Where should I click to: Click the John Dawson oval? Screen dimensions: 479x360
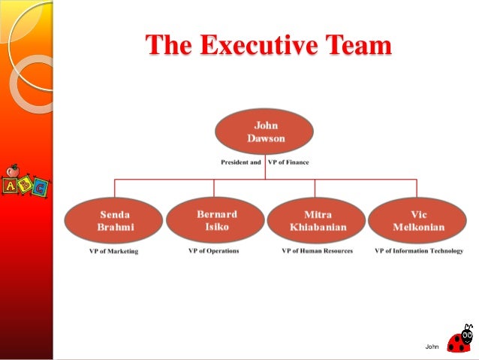(x=265, y=132)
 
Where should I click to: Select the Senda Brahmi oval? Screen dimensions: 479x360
(x=114, y=220)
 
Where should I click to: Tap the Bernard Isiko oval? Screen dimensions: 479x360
(x=215, y=220)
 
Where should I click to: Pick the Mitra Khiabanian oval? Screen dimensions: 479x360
(x=316, y=220)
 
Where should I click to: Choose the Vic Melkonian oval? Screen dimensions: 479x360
(x=417, y=220)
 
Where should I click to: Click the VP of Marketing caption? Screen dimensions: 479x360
(x=110, y=251)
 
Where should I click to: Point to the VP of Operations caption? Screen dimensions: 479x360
(x=213, y=251)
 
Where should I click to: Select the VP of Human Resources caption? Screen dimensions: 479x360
(x=317, y=251)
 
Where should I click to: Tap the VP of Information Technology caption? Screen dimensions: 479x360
(x=419, y=251)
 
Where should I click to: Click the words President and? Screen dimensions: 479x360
(x=240, y=162)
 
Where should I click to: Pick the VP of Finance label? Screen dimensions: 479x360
(x=288, y=162)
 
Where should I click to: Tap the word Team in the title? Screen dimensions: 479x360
(x=358, y=46)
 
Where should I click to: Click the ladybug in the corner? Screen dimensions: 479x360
(x=460, y=340)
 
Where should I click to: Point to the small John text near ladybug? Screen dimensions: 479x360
(x=431, y=346)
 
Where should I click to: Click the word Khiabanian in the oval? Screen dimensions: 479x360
(x=316, y=227)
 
